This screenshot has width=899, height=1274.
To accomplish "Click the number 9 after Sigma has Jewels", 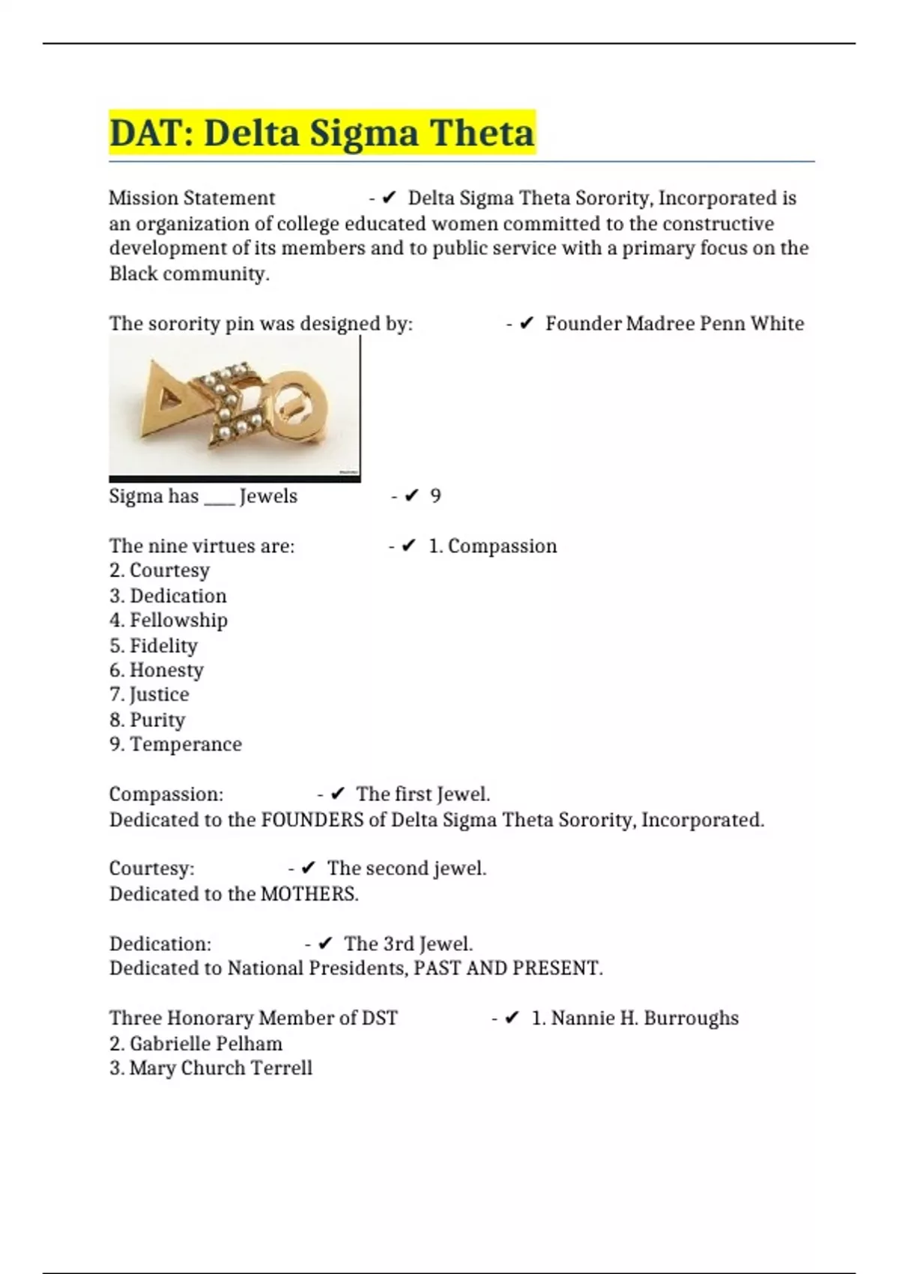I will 435,496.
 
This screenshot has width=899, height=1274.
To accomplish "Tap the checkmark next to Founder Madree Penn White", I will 527,324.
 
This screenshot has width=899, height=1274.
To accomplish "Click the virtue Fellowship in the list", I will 178,621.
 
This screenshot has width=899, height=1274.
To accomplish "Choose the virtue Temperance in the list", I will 186,744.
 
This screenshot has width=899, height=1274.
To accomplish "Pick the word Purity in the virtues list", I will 157,719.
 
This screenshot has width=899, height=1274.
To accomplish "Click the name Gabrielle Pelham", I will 206,1043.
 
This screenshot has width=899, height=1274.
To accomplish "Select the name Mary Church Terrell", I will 220,1068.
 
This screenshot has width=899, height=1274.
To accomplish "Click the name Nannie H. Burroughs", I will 644,1018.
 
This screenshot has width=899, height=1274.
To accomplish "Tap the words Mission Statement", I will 192,199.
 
